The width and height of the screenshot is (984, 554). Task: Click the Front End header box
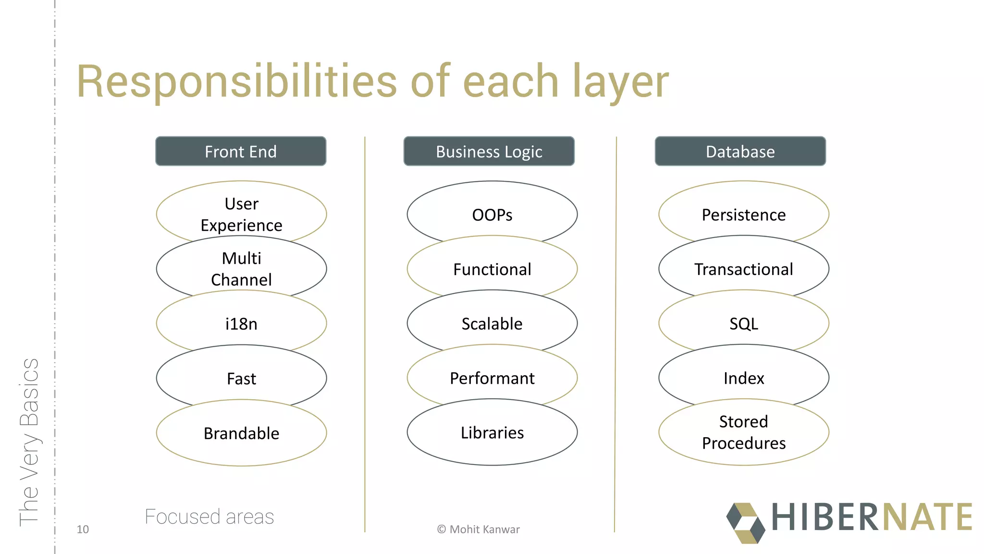(241, 151)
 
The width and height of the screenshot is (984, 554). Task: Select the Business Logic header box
(489, 151)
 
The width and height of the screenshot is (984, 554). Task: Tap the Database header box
(740, 151)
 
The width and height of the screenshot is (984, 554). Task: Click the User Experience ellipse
(241, 212)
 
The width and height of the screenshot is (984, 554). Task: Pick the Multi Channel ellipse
(241, 269)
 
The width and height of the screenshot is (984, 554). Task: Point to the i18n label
(241, 324)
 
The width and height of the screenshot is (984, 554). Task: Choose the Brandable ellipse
(241, 433)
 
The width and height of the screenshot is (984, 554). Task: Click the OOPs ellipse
(492, 212)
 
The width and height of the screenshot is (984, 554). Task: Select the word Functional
(492, 269)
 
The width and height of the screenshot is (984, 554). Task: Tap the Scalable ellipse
(492, 324)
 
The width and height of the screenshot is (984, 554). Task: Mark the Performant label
(492, 378)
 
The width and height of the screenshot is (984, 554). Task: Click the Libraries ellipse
(492, 433)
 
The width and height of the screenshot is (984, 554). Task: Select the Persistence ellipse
(743, 212)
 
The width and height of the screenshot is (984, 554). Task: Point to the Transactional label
(743, 269)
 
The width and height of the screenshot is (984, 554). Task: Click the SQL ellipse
(743, 324)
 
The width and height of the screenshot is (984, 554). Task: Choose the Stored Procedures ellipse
(743, 432)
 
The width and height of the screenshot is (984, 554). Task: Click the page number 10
(83, 529)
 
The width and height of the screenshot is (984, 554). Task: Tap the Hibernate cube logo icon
(745, 523)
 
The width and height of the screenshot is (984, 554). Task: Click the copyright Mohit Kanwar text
(478, 529)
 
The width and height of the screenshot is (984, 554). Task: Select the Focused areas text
(209, 517)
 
